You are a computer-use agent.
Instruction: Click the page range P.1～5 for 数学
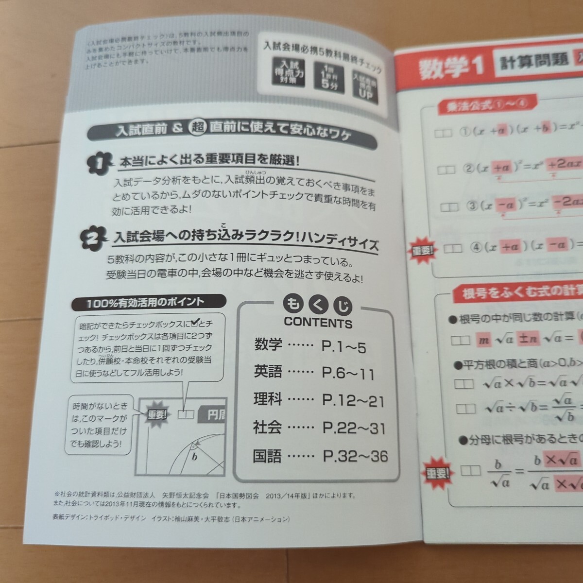point(343,346)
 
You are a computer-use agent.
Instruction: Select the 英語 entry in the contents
point(268,372)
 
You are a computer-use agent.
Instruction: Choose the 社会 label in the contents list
point(267,428)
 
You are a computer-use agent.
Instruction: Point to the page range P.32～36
point(355,456)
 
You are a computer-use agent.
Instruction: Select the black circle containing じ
point(342,306)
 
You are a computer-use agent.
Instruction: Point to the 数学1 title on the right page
point(450,67)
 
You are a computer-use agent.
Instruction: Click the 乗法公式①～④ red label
point(480,105)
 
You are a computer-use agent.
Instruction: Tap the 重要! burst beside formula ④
point(422,249)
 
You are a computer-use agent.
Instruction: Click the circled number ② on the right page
point(468,169)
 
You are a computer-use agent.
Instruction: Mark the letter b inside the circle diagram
point(194,457)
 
